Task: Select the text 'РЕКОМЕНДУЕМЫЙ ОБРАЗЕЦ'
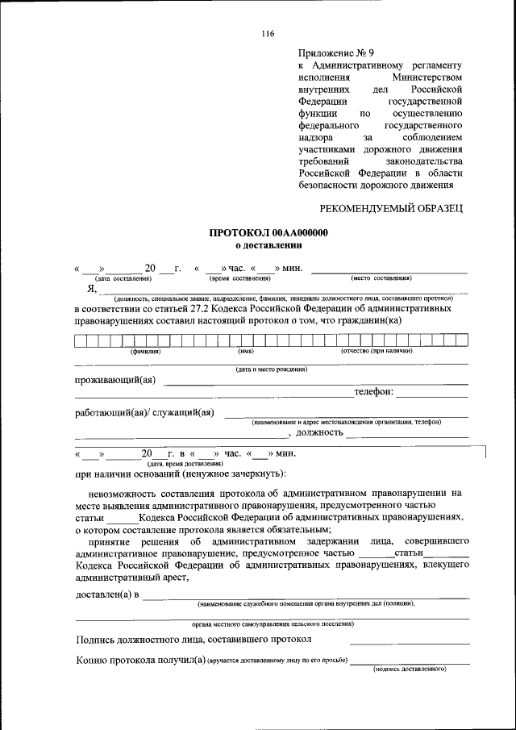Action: pyautogui.click(x=392, y=209)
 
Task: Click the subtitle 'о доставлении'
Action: pyautogui.click(x=268, y=244)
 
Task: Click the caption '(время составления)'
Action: pyautogui.click(x=239, y=277)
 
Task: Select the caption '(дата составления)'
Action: pyautogui.click(x=123, y=277)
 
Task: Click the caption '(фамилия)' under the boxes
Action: pyautogui.click(x=146, y=351)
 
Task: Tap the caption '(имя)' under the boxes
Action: pyautogui.click(x=246, y=351)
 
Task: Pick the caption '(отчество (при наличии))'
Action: pyautogui.click(x=377, y=351)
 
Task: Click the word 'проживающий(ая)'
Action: pyautogui.click(x=115, y=380)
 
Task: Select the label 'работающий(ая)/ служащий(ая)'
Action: pyautogui.click(x=144, y=413)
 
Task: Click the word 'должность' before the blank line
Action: pyautogui.click(x=323, y=433)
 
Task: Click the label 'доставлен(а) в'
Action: pyautogui.click(x=106, y=594)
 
